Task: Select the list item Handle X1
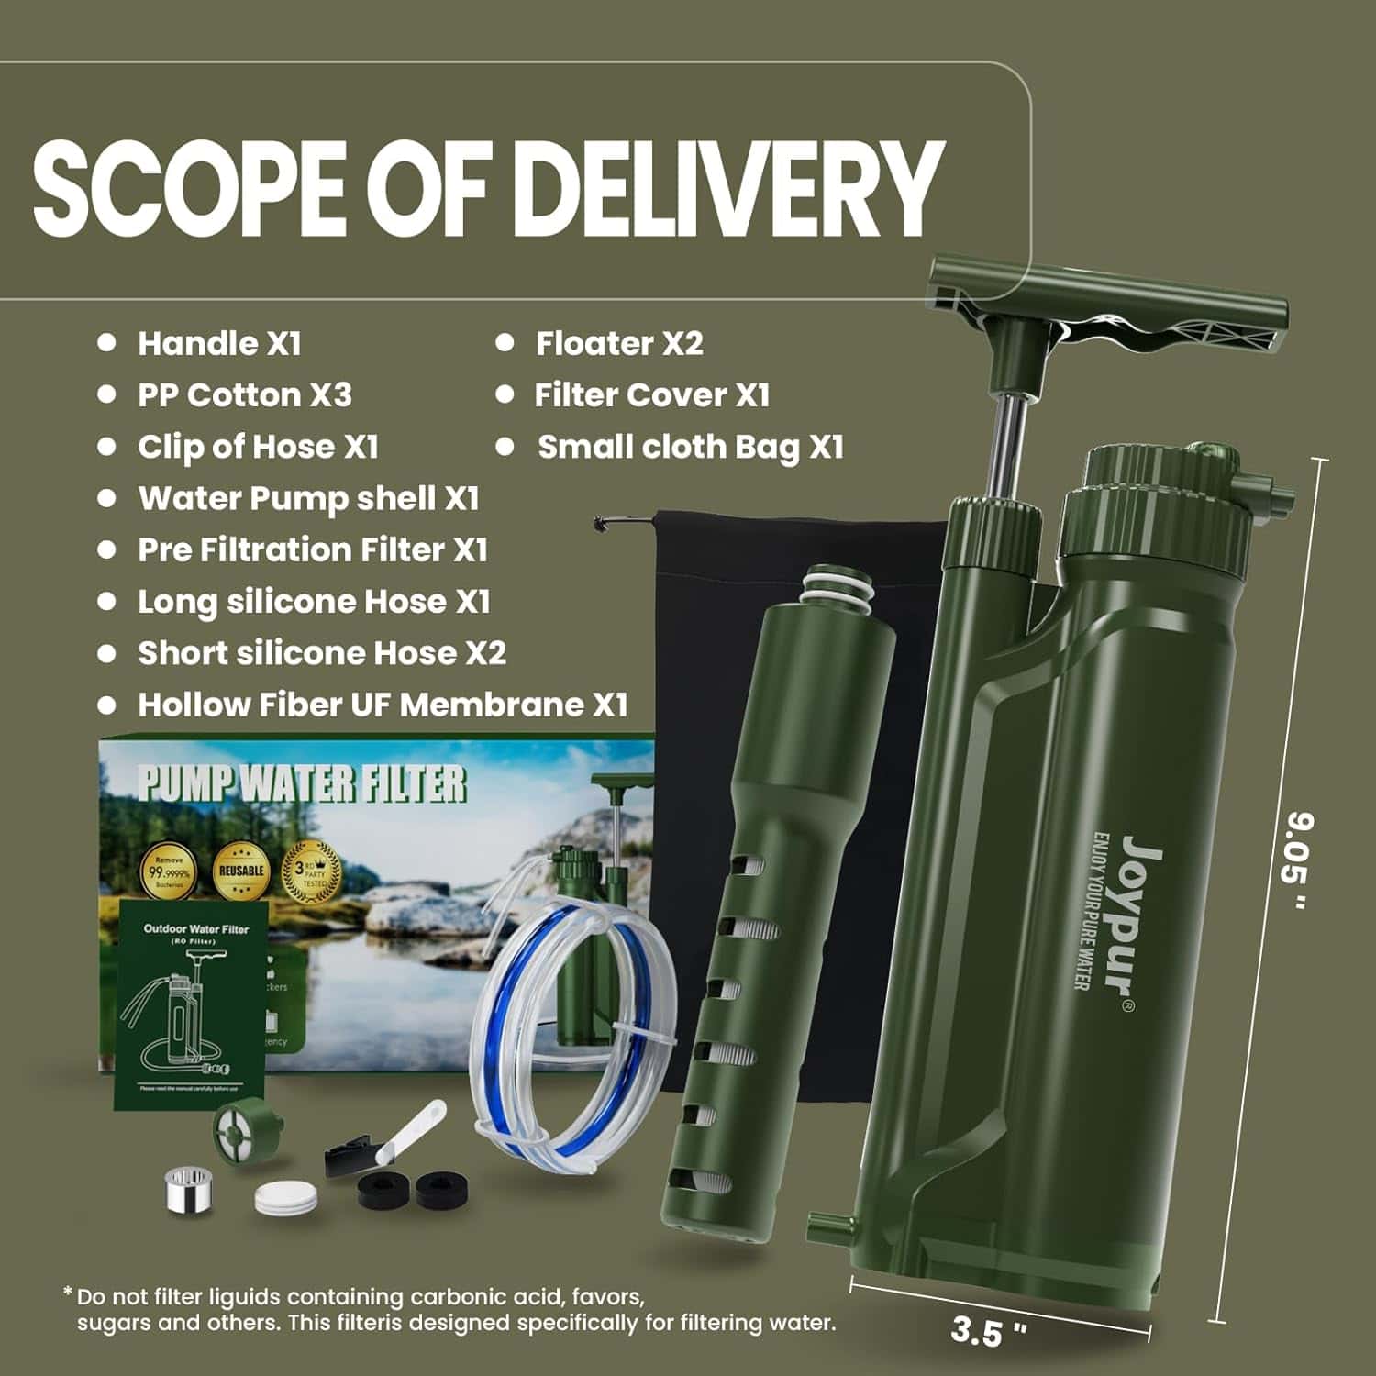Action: [x=219, y=343]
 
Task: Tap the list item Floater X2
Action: [x=619, y=343]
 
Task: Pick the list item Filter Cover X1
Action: [x=651, y=395]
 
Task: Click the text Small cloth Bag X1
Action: [x=690, y=447]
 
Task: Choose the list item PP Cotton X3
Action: [x=244, y=395]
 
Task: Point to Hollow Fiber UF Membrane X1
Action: [x=383, y=705]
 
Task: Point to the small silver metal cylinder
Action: [x=187, y=1190]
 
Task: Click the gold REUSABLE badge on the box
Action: [x=242, y=869]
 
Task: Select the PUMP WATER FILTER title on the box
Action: [x=303, y=784]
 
